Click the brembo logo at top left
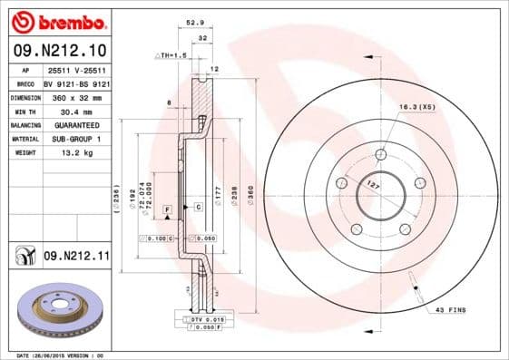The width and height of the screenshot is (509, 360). point(57,21)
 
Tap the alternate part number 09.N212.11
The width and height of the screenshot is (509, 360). point(76,258)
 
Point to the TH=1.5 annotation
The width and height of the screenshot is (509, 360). point(173,56)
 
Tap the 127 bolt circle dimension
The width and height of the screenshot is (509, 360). point(370,185)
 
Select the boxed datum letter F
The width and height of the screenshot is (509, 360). point(167,209)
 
